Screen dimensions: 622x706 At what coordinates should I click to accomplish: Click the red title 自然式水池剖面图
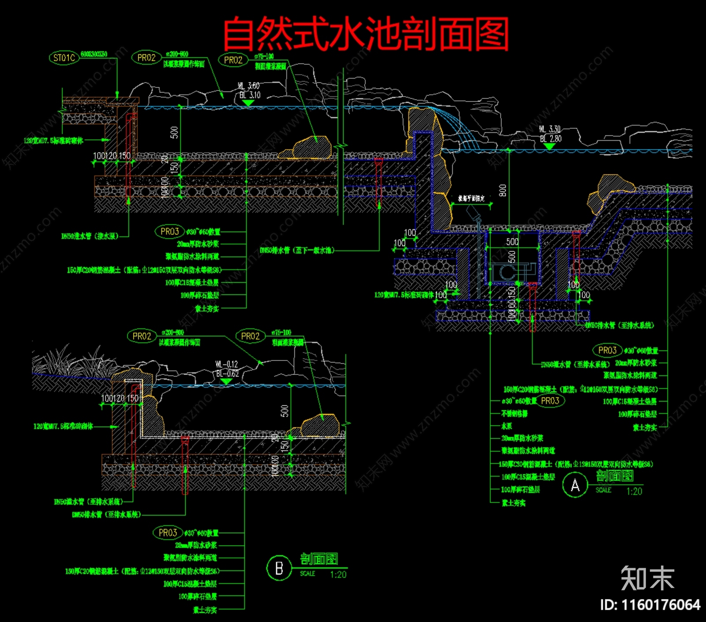click(x=366, y=34)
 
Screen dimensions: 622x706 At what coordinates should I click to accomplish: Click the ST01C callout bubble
click(x=64, y=58)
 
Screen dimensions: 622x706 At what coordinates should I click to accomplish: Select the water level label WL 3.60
click(x=249, y=86)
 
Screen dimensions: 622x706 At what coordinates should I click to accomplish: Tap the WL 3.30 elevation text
click(x=549, y=129)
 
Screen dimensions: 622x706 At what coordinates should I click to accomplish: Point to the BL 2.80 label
click(x=550, y=139)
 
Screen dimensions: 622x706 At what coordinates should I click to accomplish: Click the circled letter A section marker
click(x=575, y=485)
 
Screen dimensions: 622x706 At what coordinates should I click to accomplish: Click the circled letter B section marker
click(x=279, y=568)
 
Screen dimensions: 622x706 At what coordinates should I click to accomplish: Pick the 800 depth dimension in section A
click(x=502, y=191)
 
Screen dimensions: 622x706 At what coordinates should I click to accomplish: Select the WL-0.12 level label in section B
click(x=227, y=364)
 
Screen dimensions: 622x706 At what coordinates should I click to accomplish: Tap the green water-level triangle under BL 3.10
click(x=248, y=103)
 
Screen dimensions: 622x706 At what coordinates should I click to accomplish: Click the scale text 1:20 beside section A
click(x=634, y=491)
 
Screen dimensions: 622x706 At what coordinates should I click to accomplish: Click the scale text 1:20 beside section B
click(x=338, y=574)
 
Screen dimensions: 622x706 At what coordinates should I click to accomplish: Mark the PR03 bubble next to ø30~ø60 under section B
click(x=168, y=533)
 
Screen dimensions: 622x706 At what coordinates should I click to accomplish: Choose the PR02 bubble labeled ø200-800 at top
click(x=146, y=58)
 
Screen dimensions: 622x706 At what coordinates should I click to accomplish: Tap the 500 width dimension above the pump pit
click(x=512, y=242)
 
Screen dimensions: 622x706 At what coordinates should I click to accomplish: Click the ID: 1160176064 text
click(x=650, y=604)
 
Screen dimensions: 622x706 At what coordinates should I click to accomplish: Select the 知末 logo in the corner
click(x=647, y=578)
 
